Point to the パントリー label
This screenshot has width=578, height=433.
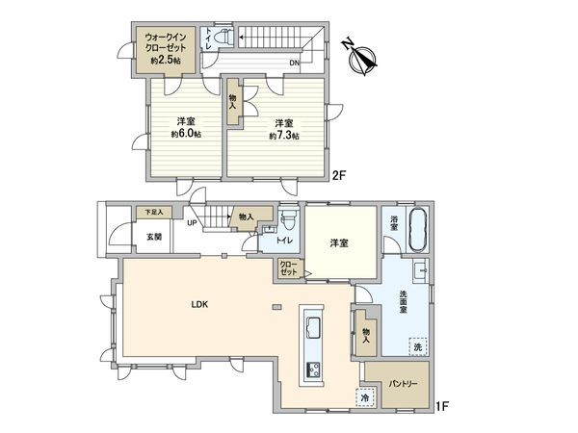pyautogui.click(x=403, y=383)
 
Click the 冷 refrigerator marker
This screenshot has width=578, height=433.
pyautogui.click(x=366, y=395)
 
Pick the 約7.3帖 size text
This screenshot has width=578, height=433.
pyautogui.click(x=283, y=136)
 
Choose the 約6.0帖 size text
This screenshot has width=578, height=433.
pyautogui.click(x=187, y=134)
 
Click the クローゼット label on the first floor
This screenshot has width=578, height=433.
pyautogui.click(x=288, y=268)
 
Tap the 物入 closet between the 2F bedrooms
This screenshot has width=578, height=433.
pyautogui.click(x=234, y=103)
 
